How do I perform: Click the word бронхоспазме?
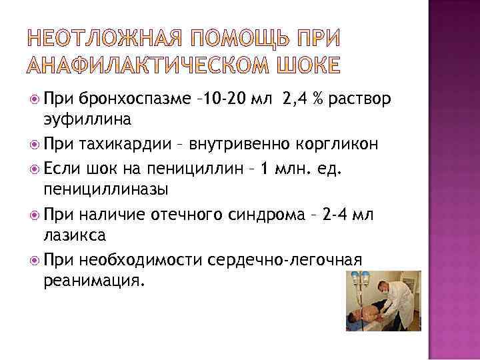[127, 101]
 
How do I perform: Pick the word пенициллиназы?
[106, 189]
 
